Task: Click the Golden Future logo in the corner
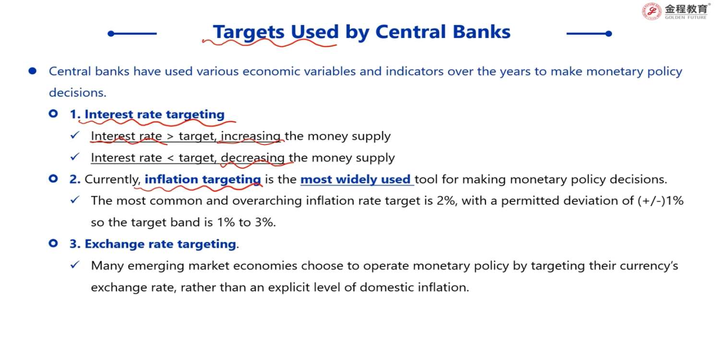(x=675, y=11)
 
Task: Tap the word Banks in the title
(x=481, y=32)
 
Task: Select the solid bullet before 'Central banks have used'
(x=33, y=71)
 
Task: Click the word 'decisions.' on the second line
(x=77, y=93)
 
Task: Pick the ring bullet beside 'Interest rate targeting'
(x=53, y=113)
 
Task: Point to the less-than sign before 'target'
(x=170, y=158)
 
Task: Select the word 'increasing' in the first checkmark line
(x=251, y=136)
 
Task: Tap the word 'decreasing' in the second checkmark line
(x=252, y=158)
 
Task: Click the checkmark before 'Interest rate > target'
(x=75, y=135)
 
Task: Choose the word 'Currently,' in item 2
(x=112, y=180)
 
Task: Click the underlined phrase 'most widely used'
(x=356, y=180)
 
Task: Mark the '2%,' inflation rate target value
(x=446, y=201)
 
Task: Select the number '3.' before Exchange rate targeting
(x=75, y=244)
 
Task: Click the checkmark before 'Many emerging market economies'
(x=75, y=265)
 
